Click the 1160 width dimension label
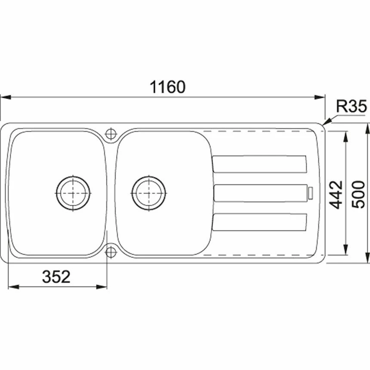tap(167, 86)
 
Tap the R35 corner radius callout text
tap(351, 106)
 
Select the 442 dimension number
tap(336, 195)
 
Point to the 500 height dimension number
tap(358, 194)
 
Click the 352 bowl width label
tap(56, 277)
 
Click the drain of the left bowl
tap(73, 193)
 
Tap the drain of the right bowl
tap(149, 193)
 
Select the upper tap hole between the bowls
tap(111, 134)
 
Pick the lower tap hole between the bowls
tap(111, 252)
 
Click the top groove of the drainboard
tap(259, 164)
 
